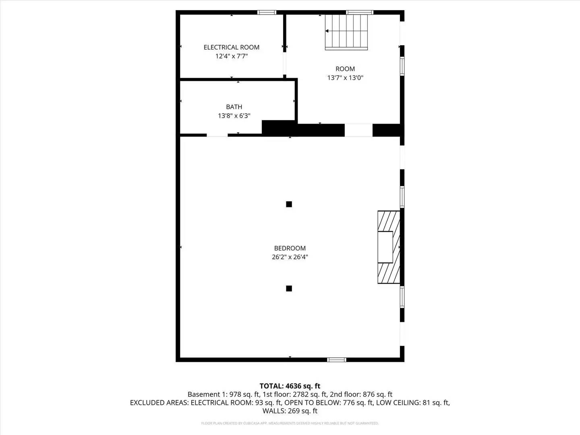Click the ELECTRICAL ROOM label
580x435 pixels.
click(231, 47)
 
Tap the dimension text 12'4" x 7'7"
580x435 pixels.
click(231, 56)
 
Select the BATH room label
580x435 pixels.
click(234, 107)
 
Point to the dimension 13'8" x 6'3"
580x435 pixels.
click(234, 116)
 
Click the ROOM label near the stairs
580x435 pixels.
click(345, 69)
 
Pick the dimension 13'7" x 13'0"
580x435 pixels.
click(345, 78)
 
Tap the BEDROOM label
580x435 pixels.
click(290, 248)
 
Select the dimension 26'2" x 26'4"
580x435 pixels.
click(290, 257)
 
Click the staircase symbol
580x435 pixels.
click(346, 32)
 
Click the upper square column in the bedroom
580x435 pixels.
click(289, 204)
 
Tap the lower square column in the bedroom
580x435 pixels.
click(289, 288)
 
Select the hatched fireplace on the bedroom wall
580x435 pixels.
click(389, 247)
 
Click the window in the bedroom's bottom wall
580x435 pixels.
click(336, 360)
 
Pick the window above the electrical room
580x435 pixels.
click(267, 12)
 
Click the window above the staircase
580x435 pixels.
click(359, 12)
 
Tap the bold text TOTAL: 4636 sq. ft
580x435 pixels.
click(290, 386)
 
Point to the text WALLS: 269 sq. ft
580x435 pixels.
click(290, 411)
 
